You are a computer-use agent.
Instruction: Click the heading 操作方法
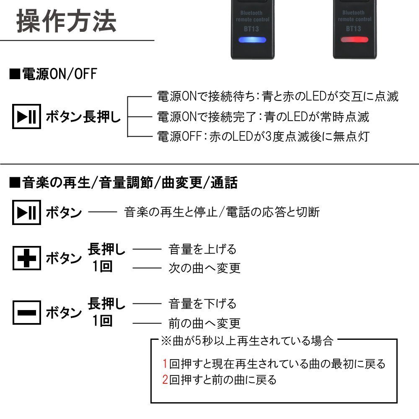(x=66, y=22)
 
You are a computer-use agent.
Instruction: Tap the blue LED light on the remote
(x=251, y=40)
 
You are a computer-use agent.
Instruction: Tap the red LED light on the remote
(x=354, y=40)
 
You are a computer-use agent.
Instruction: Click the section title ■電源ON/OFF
(x=53, y=74)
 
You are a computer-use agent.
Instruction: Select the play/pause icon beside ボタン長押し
(x=26, y=117)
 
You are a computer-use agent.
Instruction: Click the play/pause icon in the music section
(x=26, y=212)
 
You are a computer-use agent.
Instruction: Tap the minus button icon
(x=26, y=313)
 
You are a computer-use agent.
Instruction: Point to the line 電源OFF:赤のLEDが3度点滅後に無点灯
(x=263, y=136)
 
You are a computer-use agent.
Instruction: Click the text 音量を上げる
(x=202, y=249)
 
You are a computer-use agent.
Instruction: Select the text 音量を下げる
(x=202, y=303)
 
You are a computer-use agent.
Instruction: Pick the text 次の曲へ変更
(x=204, y=268)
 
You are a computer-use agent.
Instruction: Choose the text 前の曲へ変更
(x=204, y=323)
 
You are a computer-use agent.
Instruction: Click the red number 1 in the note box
(x=165, y=363)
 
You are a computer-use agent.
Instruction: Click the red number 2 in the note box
(x=165, y=380)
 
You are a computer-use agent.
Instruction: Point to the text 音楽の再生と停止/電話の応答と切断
(x=222, y=212)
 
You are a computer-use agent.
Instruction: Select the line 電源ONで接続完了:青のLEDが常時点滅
(x=263, y=116)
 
